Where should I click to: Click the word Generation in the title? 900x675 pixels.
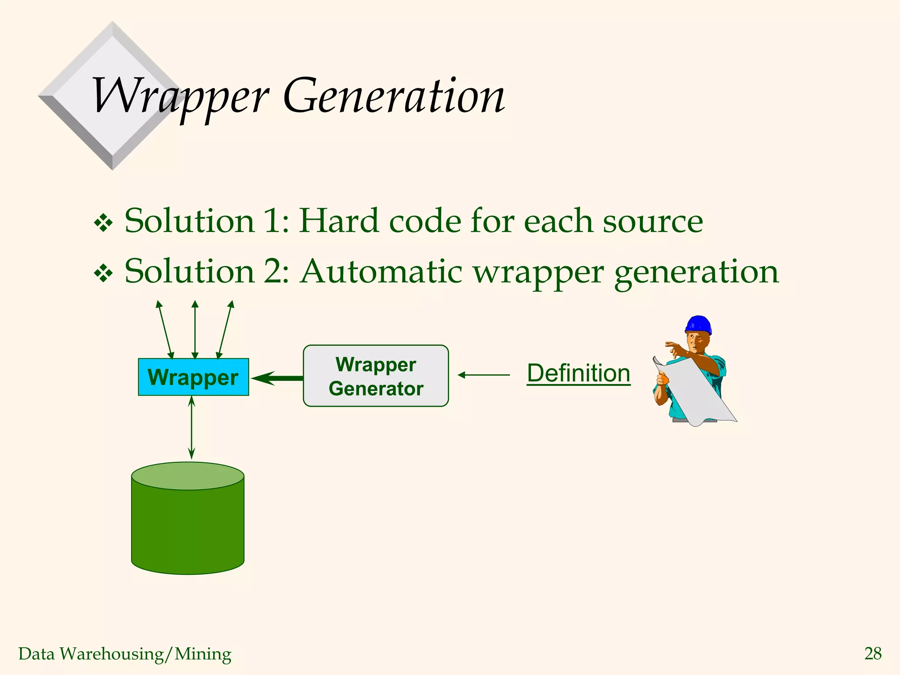point(394,96)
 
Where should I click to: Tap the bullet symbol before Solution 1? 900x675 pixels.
point(104,223)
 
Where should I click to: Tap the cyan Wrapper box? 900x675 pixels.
point(193,377)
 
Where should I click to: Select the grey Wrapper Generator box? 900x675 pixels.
point(376,376)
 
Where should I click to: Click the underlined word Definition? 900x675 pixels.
point(578,374)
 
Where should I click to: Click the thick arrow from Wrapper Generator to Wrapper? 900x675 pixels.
point(278,377)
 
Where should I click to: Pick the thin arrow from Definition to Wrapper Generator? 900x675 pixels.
point(483,375)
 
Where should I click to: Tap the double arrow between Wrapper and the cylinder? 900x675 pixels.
point(191,427)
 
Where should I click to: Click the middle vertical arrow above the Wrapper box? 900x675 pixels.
point(195,330)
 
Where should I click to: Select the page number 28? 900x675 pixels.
point(872,653)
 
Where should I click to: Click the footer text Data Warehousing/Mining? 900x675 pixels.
point(125,654)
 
